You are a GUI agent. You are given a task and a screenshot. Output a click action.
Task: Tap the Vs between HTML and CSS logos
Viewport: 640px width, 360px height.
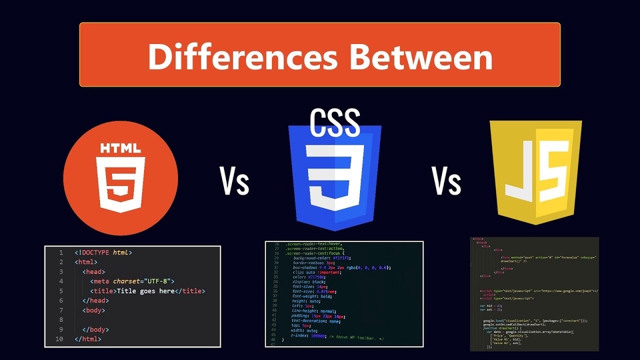click(235, 181)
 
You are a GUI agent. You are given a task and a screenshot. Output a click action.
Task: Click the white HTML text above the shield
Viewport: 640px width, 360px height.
click(121, 149)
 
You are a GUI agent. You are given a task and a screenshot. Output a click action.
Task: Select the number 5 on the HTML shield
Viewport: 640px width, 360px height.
click(121, 183)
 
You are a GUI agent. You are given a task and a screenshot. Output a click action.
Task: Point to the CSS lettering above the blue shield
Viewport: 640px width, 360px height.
click(335, 123)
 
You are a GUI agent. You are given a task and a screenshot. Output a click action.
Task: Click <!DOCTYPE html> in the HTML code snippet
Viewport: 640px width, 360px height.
click(103, 253)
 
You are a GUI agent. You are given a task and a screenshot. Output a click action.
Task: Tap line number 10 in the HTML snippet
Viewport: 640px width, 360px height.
click(59, 339)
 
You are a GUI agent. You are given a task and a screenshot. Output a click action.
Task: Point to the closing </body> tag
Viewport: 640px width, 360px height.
click(96, 329)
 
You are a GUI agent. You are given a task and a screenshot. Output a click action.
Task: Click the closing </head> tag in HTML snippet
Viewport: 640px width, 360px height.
click(97, 301)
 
